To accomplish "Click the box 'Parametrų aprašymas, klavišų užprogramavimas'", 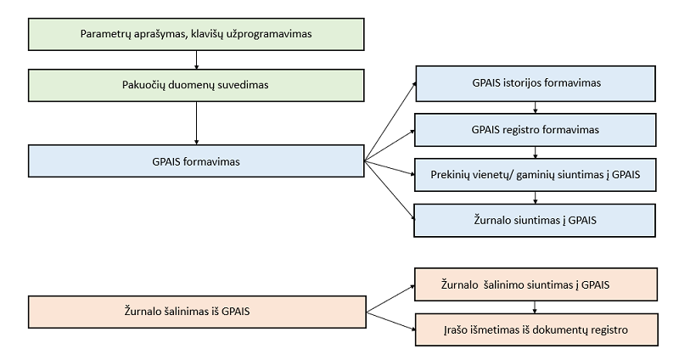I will pos(196,34).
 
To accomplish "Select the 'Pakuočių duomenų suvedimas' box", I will pos(196,86).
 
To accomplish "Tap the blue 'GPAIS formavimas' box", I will pos(196,160).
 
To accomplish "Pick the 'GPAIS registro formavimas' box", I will pos(536,131).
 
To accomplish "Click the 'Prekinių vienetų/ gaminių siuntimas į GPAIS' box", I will pos(536,175).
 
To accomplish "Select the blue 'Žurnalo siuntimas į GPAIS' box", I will pos(536,219).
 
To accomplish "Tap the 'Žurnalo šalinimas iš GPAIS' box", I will pos(196,311).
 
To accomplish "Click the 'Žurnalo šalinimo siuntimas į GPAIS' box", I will pos(536,284).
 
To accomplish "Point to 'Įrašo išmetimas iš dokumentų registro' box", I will pos(536,329).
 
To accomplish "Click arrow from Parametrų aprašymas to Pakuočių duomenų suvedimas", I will pos(196,59).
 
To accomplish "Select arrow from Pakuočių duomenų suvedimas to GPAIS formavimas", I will pos(196,123).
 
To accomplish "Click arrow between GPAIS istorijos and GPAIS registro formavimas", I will pos(536,107).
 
